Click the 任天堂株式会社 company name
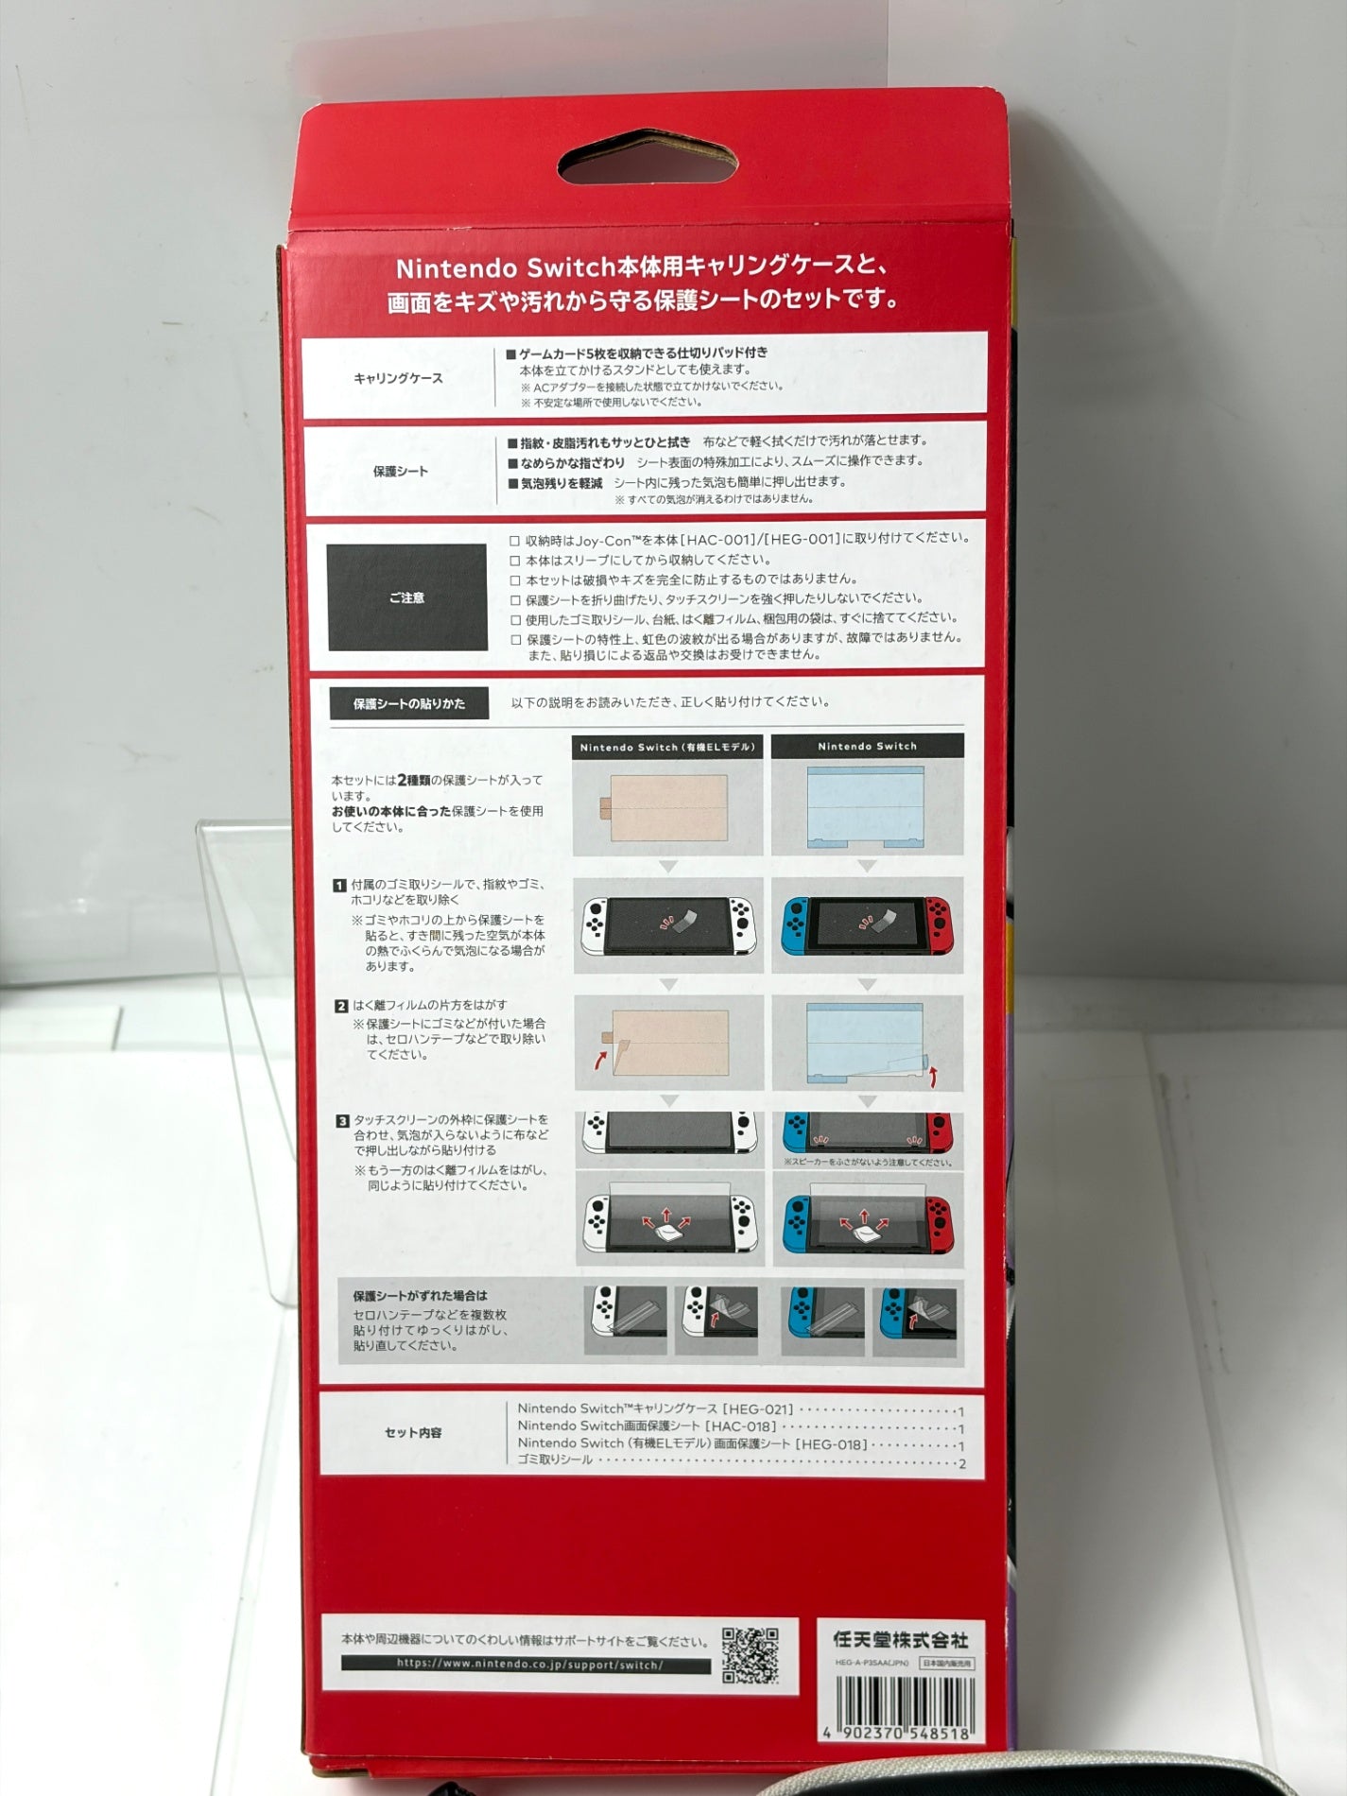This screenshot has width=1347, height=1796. [901, 1640]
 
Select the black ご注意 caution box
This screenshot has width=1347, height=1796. [406, 597]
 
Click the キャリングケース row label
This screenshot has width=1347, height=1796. [398, 378]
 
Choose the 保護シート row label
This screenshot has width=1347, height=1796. [401, 471]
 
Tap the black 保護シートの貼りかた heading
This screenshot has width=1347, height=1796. [409, 703]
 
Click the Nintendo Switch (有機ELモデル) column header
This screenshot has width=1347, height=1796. [667, 747]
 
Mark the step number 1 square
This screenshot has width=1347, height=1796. [339, 885]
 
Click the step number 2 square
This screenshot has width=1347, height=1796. [341, 1006]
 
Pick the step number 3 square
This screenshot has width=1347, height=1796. [342, 1121]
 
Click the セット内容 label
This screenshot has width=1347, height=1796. [413, 1432]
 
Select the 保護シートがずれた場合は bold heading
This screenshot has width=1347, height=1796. [420, 1295]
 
